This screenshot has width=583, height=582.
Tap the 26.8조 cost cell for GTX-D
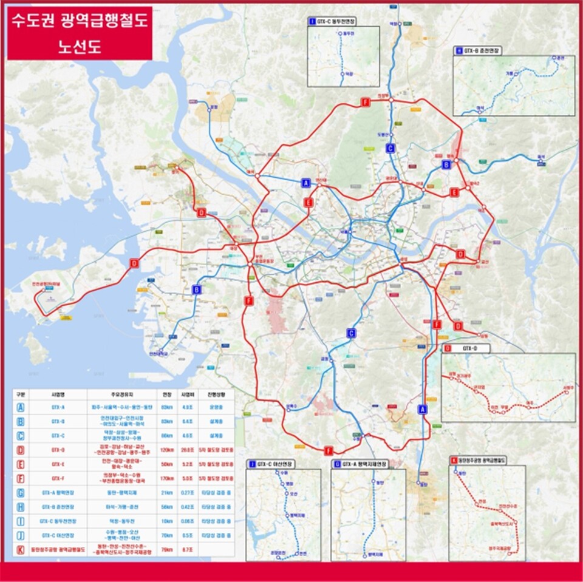[187, 450]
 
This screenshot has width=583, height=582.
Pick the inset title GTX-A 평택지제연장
[363, 464]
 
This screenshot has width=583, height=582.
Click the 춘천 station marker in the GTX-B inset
[554, 58]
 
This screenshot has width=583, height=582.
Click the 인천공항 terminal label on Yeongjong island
[40, 285]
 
